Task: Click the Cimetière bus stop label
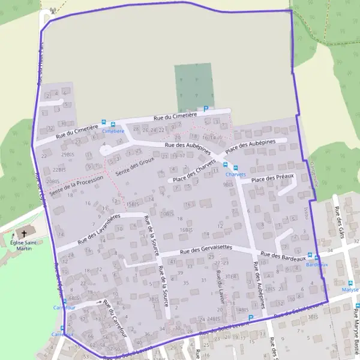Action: point(113,131)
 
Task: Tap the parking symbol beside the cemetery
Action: point(206,109)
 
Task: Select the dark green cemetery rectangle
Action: point(194,87)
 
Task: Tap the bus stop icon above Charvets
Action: point(235,167)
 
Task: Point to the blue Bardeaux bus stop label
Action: point(317,264)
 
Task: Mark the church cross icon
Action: point(25,233)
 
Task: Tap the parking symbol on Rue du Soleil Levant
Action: point(251,317)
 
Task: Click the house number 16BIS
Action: point(186,229)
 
